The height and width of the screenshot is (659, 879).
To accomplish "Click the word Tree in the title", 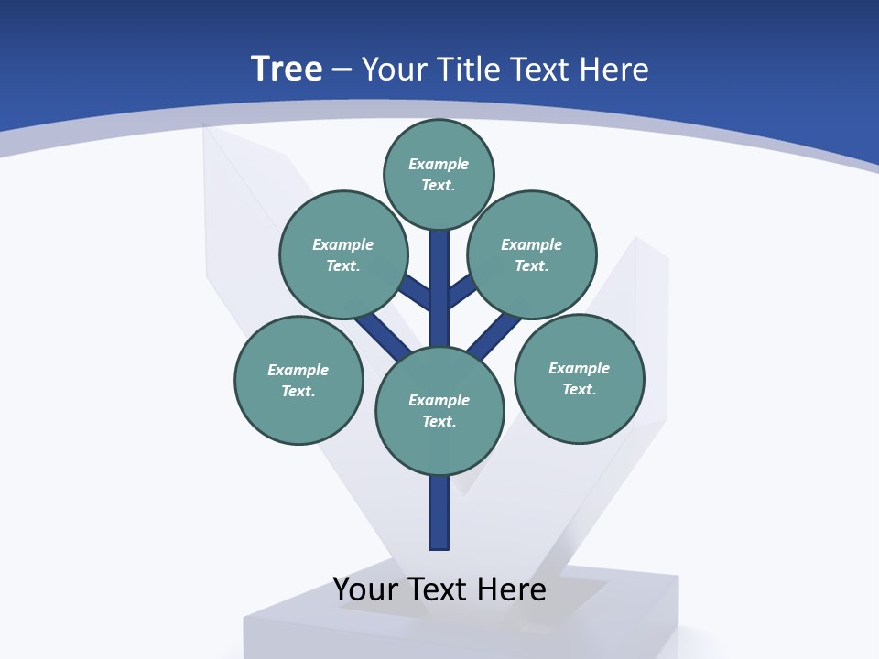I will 287,70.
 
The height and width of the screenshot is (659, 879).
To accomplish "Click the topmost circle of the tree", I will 439,174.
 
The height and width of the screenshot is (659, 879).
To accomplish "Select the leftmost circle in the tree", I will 298,380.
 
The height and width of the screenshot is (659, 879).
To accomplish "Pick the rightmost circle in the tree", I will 579,378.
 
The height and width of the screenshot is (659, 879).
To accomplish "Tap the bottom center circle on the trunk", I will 439,411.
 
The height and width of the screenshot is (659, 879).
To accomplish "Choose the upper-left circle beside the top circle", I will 342,254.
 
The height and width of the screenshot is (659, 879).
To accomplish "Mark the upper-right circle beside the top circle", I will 531,254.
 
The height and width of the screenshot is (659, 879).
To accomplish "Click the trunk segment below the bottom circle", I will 439,513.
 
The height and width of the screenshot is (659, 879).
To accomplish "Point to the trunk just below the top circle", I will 439,252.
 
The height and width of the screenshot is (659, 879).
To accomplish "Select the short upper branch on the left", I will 416,292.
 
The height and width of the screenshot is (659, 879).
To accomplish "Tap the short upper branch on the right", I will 462,291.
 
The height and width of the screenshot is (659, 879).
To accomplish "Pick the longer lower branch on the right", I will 494,336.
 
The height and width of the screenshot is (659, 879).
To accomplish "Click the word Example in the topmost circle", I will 439,164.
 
